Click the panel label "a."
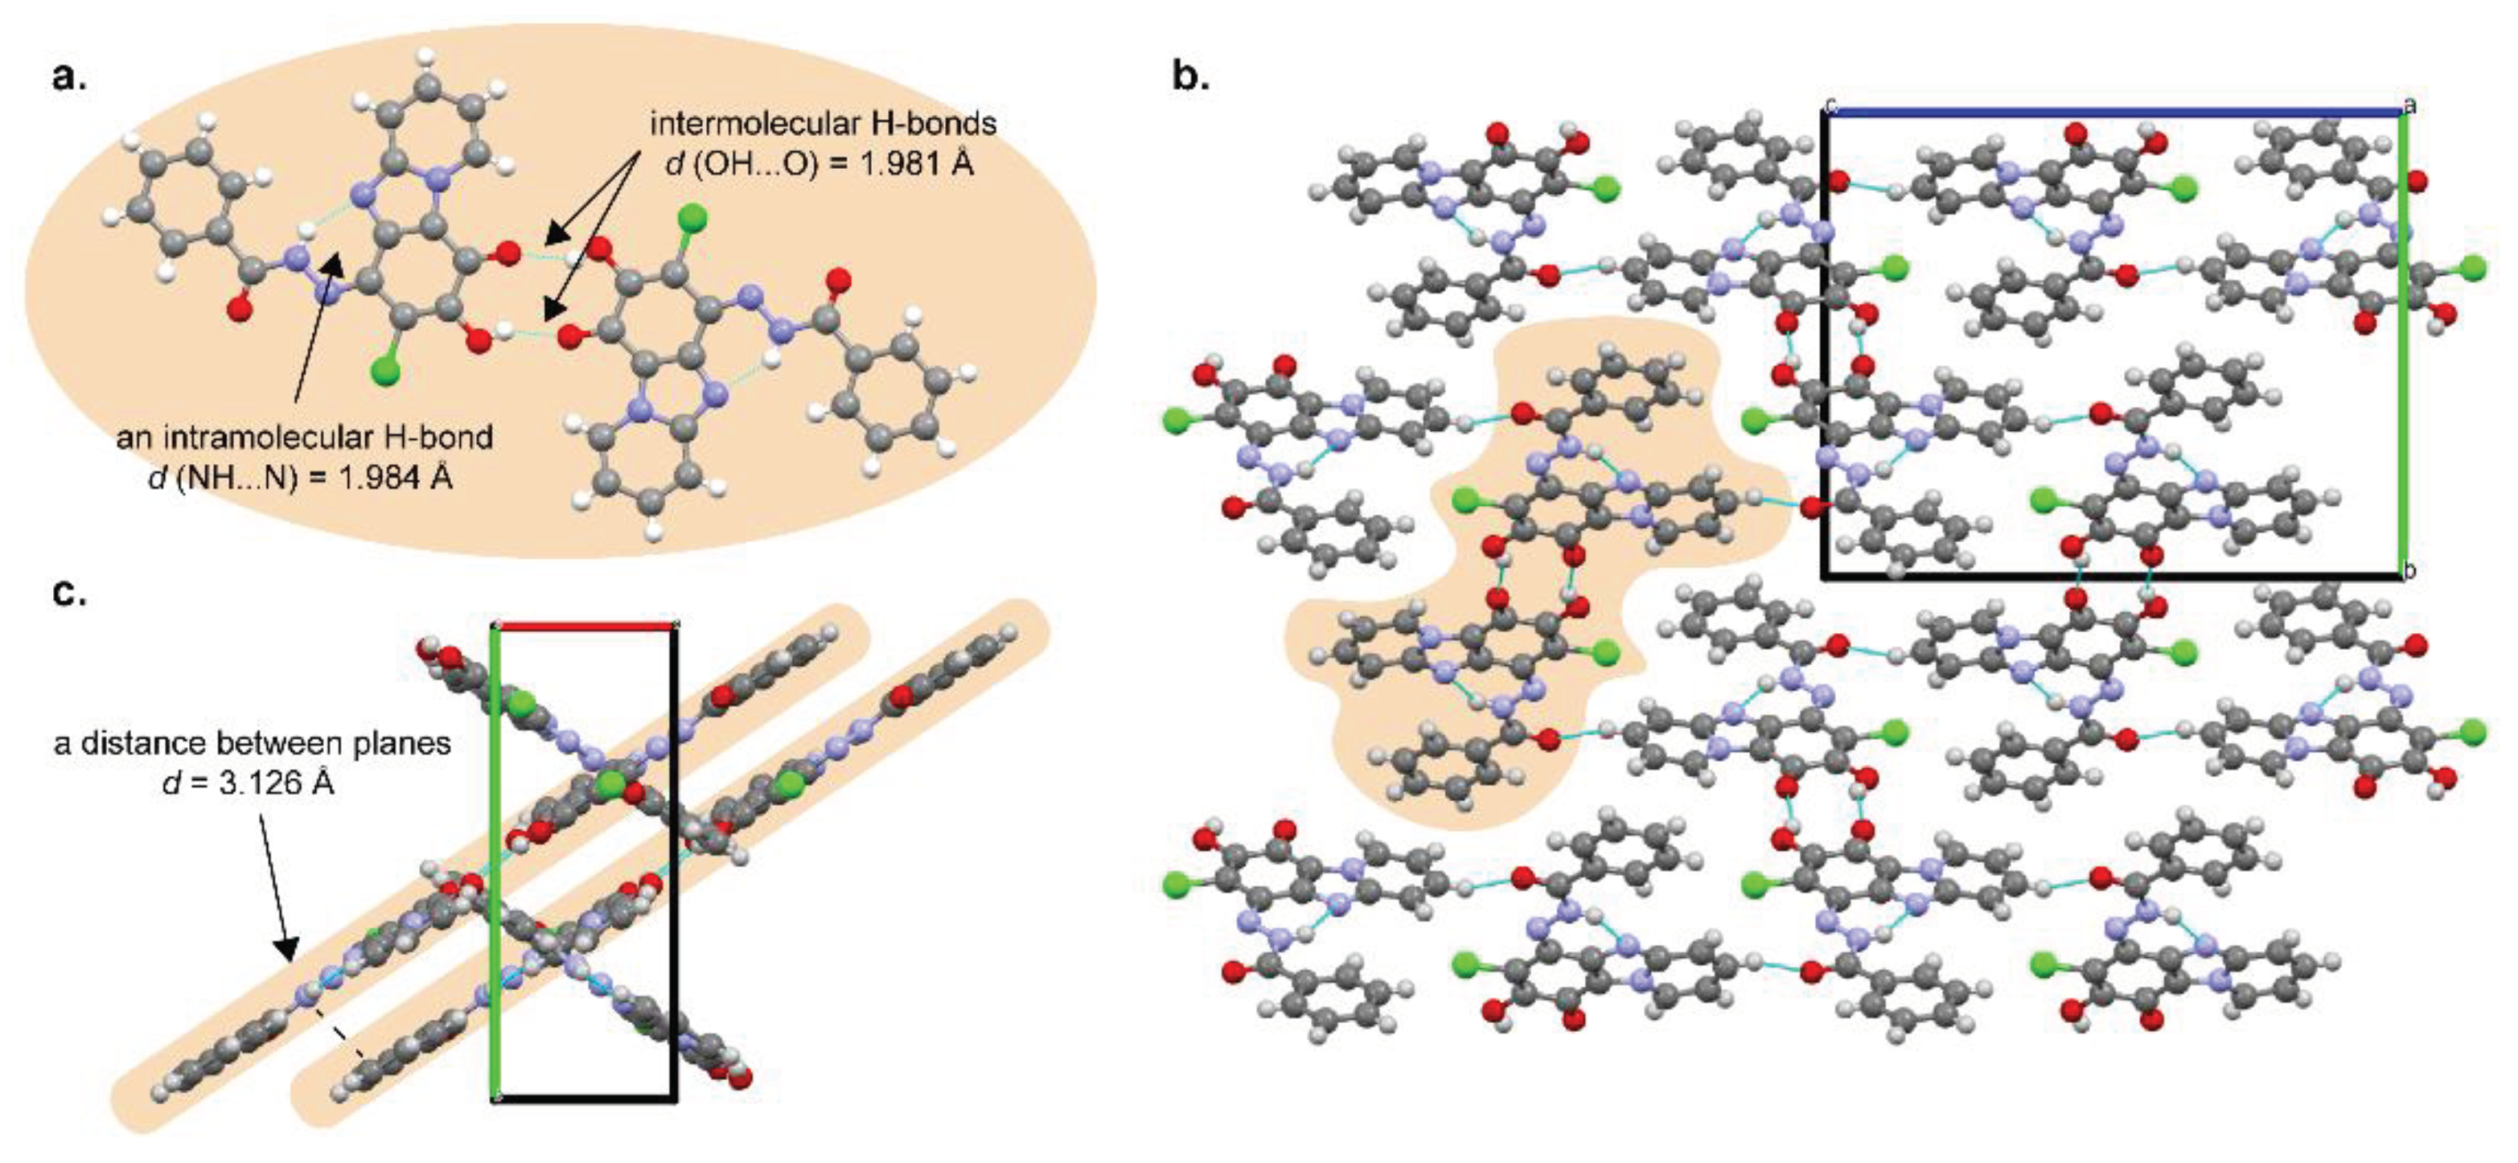[x=68, y=76]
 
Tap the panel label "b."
[x=1189, y=76]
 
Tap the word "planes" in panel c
[x=403, y=744]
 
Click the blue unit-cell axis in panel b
[x=2111, y=113]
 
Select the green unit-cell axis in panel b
[x=2405, y=342]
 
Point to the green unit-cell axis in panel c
[x=495, y=860]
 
